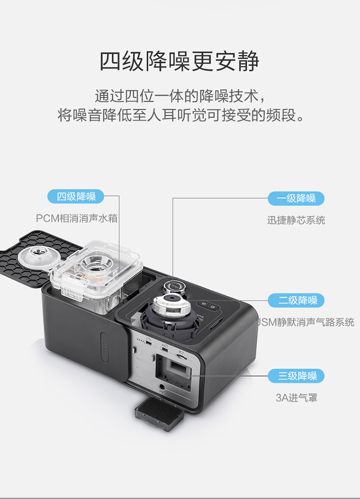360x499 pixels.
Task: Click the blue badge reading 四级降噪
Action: [x=76, y=196]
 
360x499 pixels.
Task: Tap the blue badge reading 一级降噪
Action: [x=296, y=198]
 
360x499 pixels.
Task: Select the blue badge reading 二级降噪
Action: [x=296, y=300]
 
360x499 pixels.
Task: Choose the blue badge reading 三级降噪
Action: [x=296, y=376]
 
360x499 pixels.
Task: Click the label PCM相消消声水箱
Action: [x=77, y=218]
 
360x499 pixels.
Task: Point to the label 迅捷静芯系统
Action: [x=296, y=220]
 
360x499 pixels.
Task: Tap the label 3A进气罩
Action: [x=296, y=398]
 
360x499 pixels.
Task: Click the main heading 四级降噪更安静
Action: [x=180, y=61]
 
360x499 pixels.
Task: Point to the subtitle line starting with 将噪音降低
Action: [x=180, y=116]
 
